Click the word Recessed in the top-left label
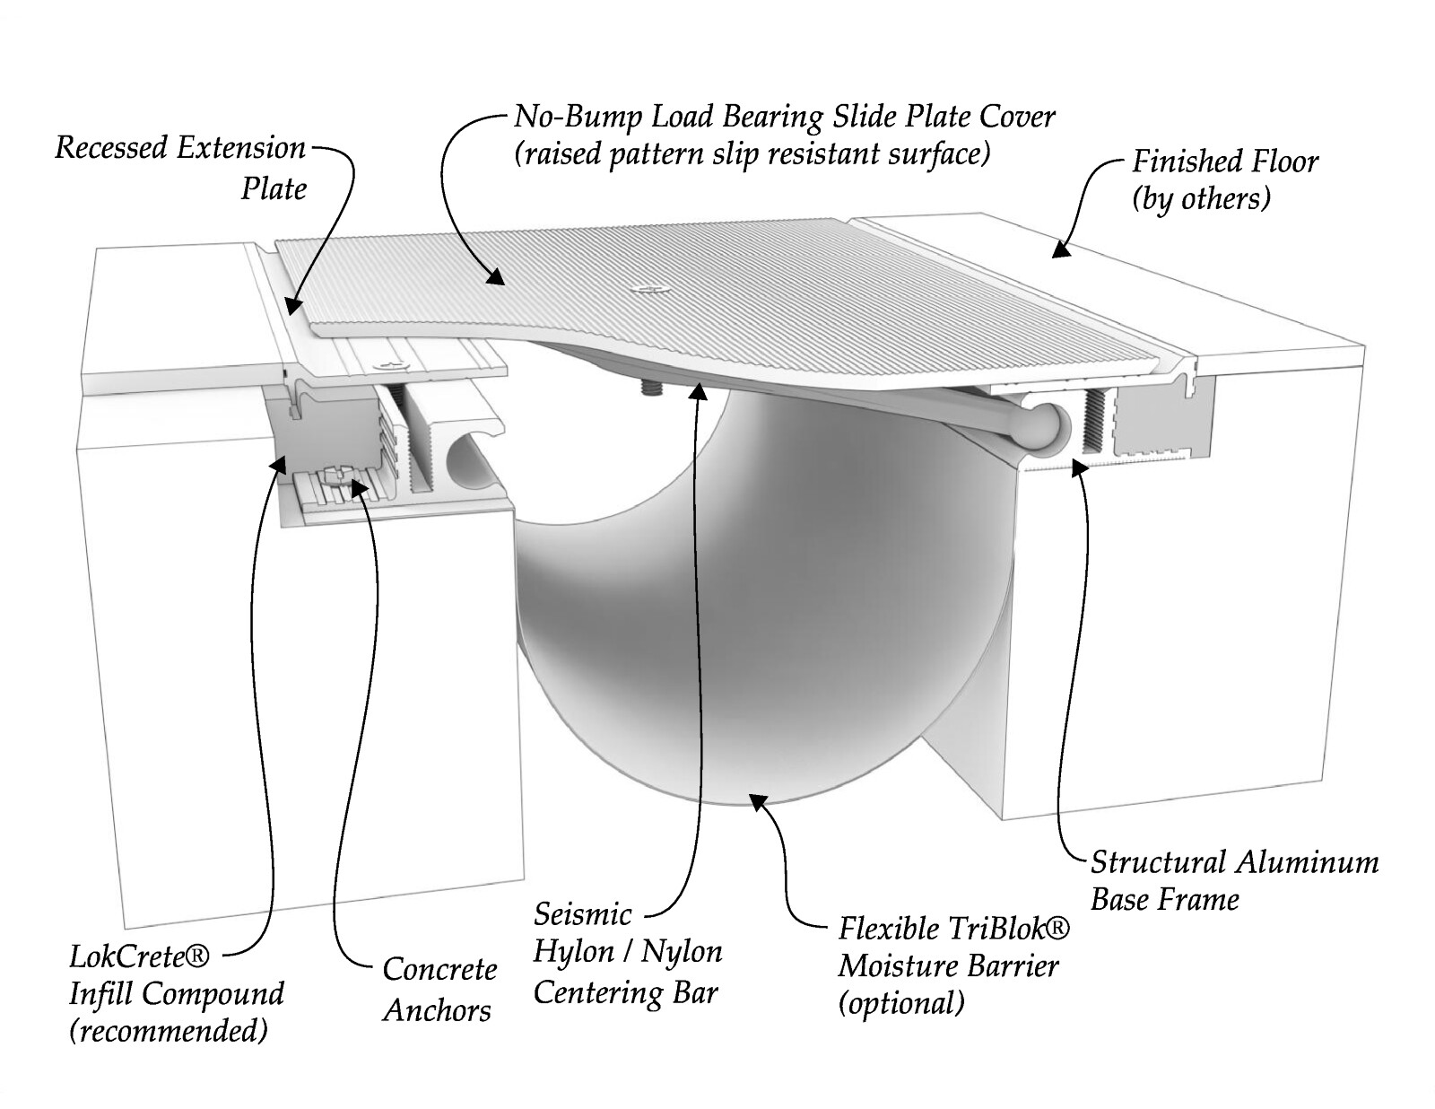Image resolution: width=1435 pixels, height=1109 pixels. pyautogui.click(x=110, y=147)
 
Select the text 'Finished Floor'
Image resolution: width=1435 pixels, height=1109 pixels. pyautogui.click(x=1225, y=162)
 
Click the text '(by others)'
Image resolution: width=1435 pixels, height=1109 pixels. pyautogui.click(x=1201, y=199)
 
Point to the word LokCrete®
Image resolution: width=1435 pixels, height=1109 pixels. pyautogui.click(x=139, y=956)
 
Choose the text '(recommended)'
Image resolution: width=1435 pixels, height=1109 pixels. pyautogui.click(x=169, y=1031)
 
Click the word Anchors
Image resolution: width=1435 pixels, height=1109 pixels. pyautogui.click(x=437, y=1010)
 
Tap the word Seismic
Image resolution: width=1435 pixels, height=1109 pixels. pyautogui.click(x=582, y=915)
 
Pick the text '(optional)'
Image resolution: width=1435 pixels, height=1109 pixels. pyautogui.click(x=901, y=1003)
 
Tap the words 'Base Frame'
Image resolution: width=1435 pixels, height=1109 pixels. pyautogui.click(x=1165, y=900)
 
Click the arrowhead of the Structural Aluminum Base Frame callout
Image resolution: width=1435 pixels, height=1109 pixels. pyautogui.click(x=1078, y=467)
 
